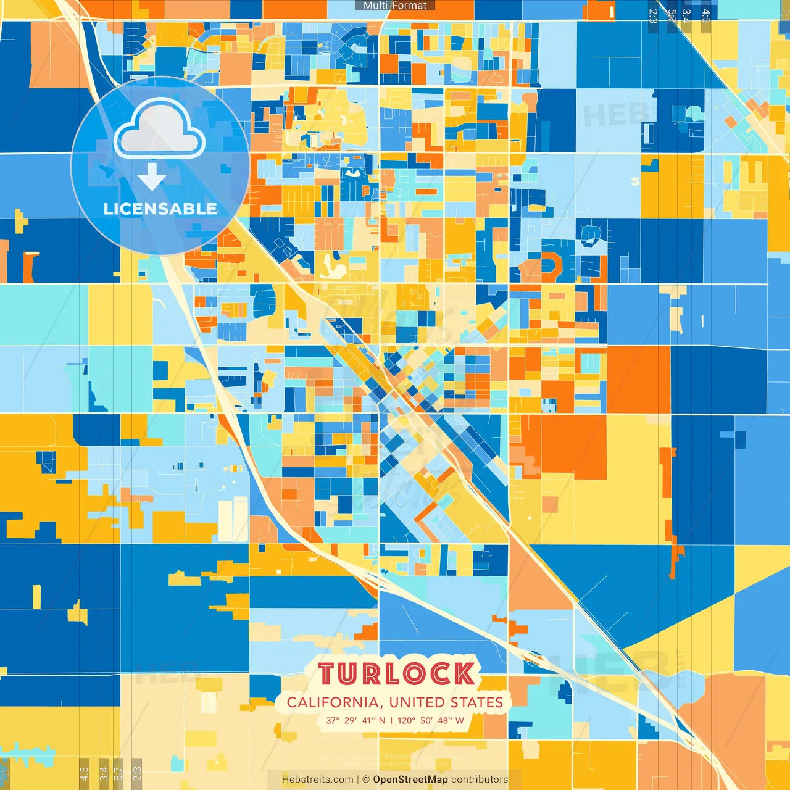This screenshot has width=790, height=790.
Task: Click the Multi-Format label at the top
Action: pos(395,6)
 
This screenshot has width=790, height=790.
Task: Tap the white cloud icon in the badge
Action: pos(159,130)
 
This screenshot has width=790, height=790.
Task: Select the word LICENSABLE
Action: pos(160,209)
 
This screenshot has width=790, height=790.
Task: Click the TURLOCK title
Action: pos(396,674)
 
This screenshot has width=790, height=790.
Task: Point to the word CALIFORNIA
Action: pos(333,702)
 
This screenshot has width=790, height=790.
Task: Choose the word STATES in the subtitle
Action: pos(476,702)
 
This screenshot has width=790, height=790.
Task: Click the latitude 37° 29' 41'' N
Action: pos(356,720)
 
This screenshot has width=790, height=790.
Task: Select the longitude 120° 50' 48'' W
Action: pos(431,720)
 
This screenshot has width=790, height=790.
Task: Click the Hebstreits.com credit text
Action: pos(317,780)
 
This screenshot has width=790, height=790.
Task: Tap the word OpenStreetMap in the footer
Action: pos(410,780)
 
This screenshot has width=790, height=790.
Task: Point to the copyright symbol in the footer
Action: pos(366,780)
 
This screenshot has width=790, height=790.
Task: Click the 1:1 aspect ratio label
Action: pos(5,775)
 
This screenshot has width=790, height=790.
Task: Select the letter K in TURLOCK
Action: pos(464,674)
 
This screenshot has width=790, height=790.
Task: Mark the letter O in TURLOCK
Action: pos(412,674)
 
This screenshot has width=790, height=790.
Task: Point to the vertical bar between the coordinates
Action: pos(391,720)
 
